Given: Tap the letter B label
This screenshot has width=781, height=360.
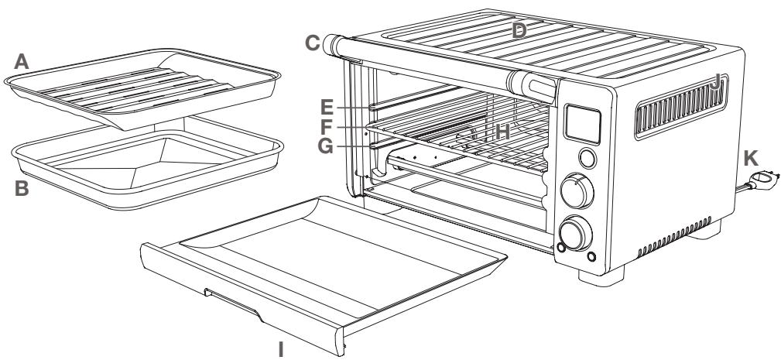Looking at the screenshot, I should pyautogui.click(x=22, y=190).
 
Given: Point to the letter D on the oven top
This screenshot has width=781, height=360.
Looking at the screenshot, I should pyautogui.click(x=519, y=30).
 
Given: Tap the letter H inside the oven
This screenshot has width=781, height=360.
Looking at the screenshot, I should pyautogui.click(x=503, y=133).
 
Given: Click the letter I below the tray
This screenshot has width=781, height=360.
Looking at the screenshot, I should pyautogui.click(x=282, y=350).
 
